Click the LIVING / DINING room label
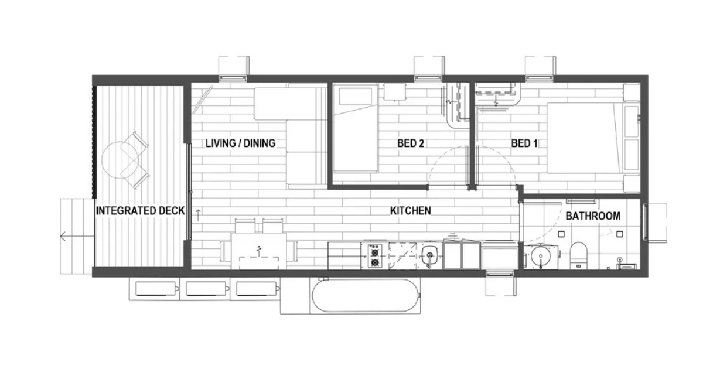click(240, 143)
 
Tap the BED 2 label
click(411, 143)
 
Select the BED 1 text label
click(524, 143)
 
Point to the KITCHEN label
click(411, 210)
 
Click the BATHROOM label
click(593, 216)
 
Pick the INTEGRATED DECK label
click(140, 210)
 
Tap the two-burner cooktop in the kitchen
click(375, 256)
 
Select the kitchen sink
click(429, 255)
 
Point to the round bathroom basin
click(541, 257)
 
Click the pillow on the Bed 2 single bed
click(355, 96)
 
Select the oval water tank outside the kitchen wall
click(366, 296)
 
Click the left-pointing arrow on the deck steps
click(77, 236)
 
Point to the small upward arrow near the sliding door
click(199, 215)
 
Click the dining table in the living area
click(258, 251)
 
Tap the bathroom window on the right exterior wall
click(645, 222)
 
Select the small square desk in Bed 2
click(394, 91)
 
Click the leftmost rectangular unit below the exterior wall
click(156, 289)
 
